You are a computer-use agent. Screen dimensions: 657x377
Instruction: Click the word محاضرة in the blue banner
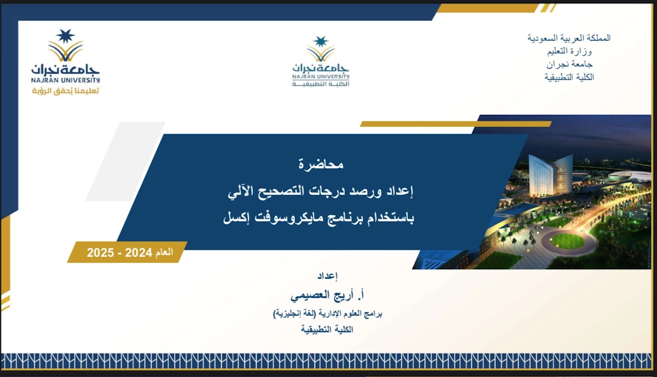tap(321, 164)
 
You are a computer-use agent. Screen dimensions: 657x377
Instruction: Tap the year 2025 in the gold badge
tap(100, 252)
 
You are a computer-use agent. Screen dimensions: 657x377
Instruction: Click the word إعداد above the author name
tap(327, 276)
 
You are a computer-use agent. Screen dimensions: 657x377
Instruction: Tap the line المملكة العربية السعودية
tap(569, 38)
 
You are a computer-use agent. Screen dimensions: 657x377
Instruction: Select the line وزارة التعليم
tap(569, 51)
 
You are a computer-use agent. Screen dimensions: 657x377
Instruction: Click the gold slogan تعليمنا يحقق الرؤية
tap(65, 91)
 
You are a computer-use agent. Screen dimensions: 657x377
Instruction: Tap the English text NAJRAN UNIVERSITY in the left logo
tap(65, 80)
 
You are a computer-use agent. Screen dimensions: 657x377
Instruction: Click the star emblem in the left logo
tap(65, 36)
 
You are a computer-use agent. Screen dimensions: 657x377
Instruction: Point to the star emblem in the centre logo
tap(321, 42)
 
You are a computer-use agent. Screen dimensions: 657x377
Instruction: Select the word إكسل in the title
tap(235, 218)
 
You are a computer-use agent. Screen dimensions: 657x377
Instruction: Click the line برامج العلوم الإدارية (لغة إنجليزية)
tap(327, 314)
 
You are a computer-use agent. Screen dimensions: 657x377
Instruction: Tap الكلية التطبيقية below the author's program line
tap(327, 329)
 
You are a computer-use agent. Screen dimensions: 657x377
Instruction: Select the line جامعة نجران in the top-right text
tap(569, 64)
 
